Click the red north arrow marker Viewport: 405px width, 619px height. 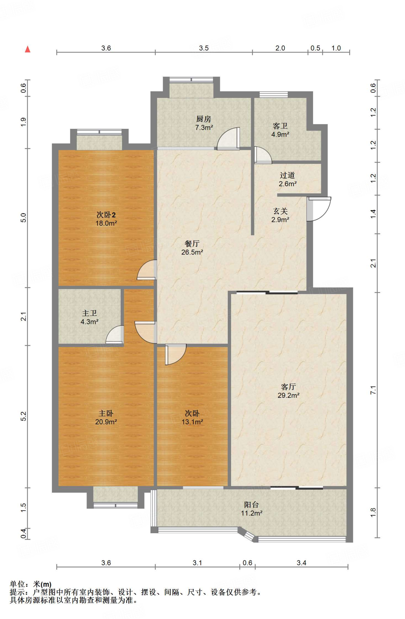tap(28, 49)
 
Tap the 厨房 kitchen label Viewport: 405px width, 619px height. tap(204, 119)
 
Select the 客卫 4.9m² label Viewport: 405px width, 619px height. tap(280, 130)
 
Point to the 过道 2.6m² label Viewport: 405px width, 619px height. tap(287, 179)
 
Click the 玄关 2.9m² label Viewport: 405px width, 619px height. tap(280, 215)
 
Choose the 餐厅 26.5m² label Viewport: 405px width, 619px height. tap(192, 248)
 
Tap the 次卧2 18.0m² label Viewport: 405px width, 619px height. tap(106, 219)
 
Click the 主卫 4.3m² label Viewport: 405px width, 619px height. tap(90, 317)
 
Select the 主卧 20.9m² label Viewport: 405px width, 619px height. tap(106, 417)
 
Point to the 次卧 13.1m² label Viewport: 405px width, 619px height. tap(192, 417)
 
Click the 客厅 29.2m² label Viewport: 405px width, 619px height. tap(289, 391)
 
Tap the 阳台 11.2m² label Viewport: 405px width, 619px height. tap(251, 509)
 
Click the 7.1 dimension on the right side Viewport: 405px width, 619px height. tap(373, 390)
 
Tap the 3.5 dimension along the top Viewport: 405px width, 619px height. tap(204, 48)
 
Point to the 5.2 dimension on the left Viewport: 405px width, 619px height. tap(24, 416)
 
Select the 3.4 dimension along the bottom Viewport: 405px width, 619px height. tap(301, 563)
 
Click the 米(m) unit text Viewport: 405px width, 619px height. tap(42, 584)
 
